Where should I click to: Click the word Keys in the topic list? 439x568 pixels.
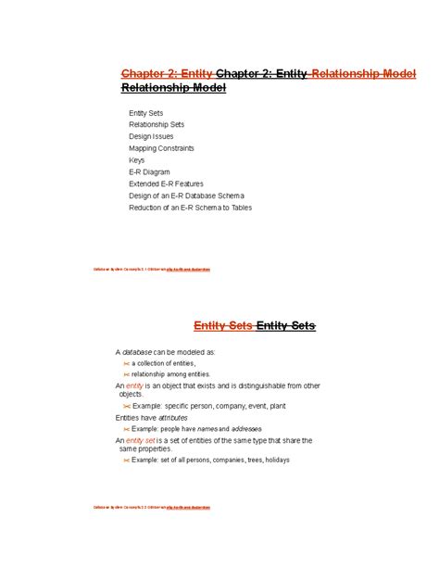[136, 160]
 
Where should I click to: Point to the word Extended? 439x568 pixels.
[145, 184]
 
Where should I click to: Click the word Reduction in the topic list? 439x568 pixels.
[148, 208]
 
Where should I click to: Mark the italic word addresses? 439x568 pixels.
[245, 429]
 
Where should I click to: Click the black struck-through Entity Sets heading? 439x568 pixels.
[285, 325]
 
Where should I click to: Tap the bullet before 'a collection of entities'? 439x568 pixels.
[126, 364]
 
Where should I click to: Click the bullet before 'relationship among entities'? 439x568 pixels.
[126, 374]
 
